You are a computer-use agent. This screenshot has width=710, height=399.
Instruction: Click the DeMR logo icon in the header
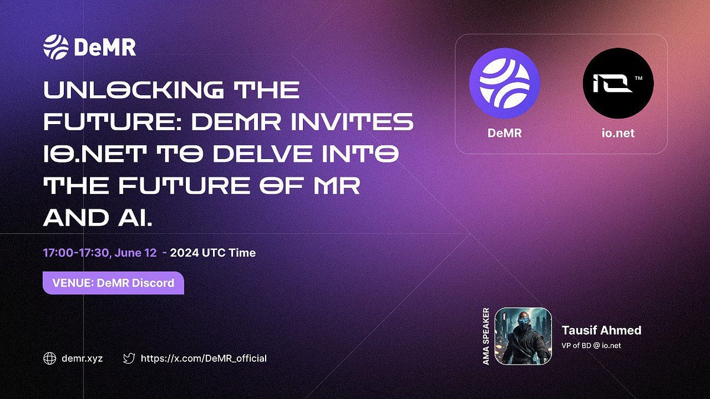click(56, 47)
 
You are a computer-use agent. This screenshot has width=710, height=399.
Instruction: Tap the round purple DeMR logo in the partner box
click(504, 83)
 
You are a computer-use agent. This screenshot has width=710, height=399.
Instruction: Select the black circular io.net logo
click(618, 83)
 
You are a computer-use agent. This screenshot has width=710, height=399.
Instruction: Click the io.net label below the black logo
click(618, 133)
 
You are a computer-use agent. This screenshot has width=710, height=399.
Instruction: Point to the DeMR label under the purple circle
click(504, 133)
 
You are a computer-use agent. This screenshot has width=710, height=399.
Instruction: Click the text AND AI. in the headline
click(98, 218)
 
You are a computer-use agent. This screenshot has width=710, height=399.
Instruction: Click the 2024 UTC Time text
click(213, 253)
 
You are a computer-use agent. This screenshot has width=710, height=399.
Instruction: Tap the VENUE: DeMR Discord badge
click(113, 283)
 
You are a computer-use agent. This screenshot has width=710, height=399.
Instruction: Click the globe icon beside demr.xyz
click(50, 358)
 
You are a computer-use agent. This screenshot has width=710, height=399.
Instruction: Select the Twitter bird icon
click(128, 358)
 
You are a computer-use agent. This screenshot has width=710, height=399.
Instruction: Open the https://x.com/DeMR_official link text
click(204, 358)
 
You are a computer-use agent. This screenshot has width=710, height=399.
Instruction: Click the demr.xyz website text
click(82, 358)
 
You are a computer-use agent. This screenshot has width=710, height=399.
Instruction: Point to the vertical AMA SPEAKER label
click(486, 336)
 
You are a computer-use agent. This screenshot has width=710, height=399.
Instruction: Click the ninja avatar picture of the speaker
click(523, 336)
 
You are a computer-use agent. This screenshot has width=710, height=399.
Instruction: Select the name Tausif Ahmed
click(601, 330)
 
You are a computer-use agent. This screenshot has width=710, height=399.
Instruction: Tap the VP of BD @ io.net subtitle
click(591, 345)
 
